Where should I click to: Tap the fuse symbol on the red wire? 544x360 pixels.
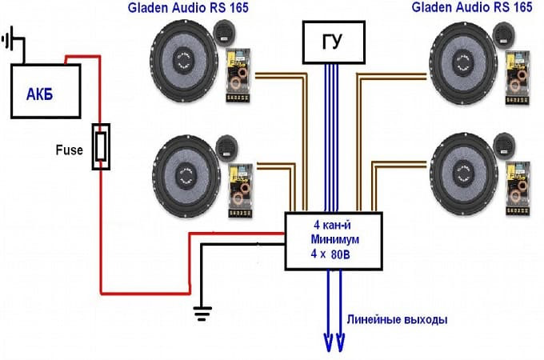pos(100,147)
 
